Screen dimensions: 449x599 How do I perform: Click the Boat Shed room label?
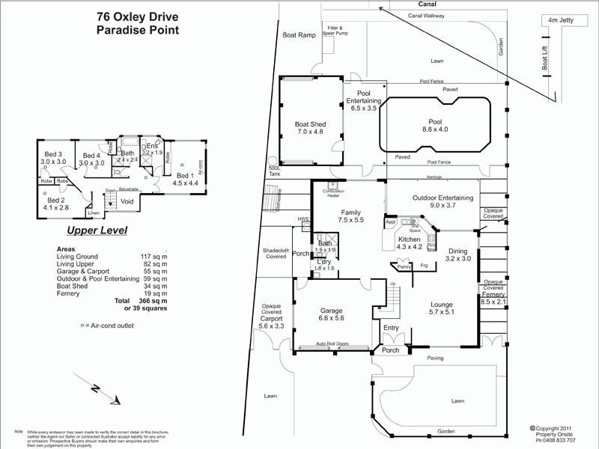coord(309,128)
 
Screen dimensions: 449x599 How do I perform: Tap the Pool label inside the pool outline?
coord(435,124)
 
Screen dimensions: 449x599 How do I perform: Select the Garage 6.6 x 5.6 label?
coord(332,314)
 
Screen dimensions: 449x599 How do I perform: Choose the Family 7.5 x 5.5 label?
coord(350,216)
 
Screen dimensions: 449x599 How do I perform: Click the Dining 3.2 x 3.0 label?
coord(457,254)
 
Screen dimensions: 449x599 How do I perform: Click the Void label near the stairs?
coord(127,201)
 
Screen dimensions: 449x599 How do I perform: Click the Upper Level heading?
coord(97,230)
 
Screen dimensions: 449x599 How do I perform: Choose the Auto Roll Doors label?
coord(332,344)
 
